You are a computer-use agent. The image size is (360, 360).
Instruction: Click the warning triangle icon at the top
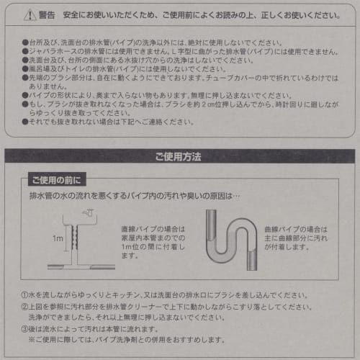[x=28, y=14]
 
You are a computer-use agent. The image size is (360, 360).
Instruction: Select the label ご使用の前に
[x=57, y=179]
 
